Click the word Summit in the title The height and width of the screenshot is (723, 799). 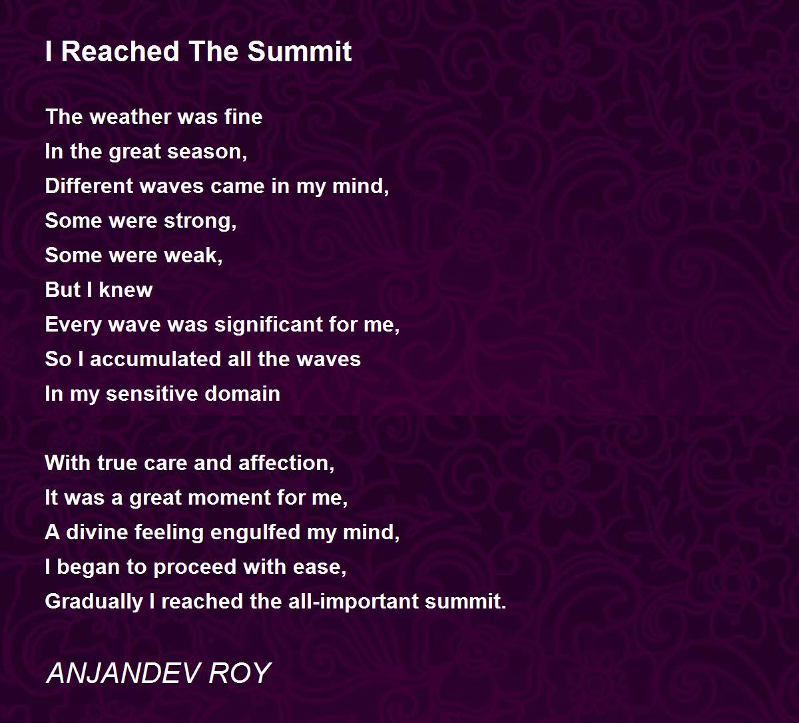click(299, 51)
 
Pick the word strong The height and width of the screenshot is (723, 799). click(200, 221)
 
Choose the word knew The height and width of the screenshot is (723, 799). click(125, 290)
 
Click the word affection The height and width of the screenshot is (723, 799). click(286, 463)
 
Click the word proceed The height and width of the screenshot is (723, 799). click(195, 567)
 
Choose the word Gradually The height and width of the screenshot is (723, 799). click(94, 602)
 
